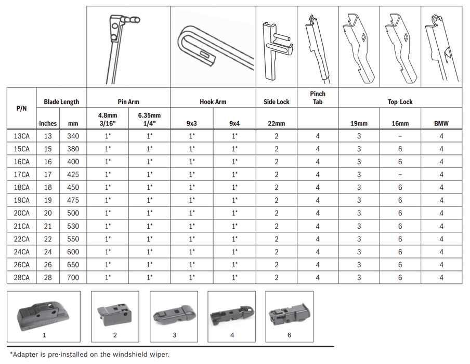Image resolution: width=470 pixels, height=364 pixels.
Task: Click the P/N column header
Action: click(x=21, y=109)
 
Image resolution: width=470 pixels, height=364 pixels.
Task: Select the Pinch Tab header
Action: click(x=318, y=98)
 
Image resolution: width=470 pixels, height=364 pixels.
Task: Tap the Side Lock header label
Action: click(x=277, y=102)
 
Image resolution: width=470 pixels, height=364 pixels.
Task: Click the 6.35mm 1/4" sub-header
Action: click(x=149, y=119)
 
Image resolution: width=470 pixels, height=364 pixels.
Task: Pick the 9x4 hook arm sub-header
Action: click(x=234, y=123)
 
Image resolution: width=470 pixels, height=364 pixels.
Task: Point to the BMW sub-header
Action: click(x=441, y=123)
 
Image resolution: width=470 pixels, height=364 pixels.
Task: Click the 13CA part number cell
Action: click(x=22, y=136)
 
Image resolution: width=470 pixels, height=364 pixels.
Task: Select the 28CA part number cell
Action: click(x=22, y=278)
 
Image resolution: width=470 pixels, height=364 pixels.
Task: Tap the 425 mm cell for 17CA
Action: click(x=73, y=175)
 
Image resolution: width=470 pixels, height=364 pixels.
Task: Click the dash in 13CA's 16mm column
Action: click(x=400, y=136)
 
